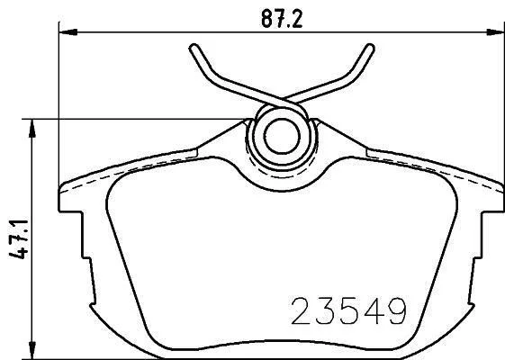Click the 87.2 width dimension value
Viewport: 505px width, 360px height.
(282, 18)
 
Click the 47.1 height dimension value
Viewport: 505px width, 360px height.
(19, 239)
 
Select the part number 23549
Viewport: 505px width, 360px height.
(348, 310)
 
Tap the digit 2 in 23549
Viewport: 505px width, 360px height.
(302, 310)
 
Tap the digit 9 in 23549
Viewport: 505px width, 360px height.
(397, 310)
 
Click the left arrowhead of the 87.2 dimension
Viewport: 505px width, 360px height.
(68, 31)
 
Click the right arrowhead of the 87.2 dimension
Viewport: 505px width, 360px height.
(495, 31)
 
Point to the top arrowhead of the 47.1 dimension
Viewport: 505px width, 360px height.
(32, 128)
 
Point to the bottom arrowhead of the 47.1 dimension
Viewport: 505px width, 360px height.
(32, 350)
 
